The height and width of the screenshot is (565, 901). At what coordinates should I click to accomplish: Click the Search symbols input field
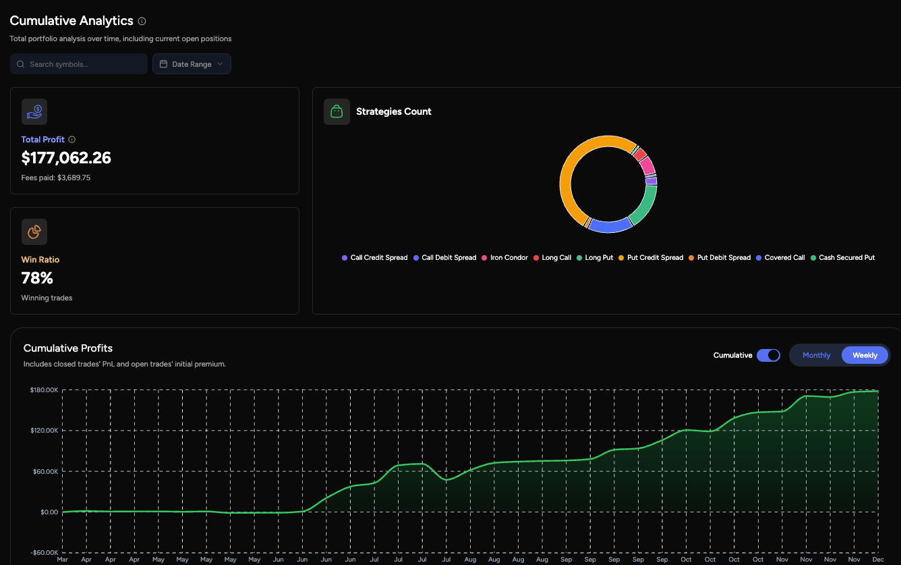79,64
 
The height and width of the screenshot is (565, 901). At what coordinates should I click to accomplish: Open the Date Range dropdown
192,64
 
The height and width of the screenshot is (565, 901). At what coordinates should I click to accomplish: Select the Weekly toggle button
865,355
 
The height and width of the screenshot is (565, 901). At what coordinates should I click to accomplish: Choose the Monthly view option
816,355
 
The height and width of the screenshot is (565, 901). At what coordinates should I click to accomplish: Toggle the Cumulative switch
768,355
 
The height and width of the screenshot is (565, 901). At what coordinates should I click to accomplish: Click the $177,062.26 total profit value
66,158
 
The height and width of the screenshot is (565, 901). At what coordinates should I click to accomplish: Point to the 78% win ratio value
37,278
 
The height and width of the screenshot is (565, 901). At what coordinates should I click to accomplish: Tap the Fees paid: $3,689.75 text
56,178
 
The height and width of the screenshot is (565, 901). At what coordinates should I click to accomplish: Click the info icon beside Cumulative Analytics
142,21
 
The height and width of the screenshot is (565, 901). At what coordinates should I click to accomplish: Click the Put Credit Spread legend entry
655,258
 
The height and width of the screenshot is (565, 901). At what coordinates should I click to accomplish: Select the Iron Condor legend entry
509,258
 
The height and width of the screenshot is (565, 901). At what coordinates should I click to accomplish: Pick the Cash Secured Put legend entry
846,258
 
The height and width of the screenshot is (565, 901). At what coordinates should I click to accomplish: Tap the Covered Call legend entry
784,258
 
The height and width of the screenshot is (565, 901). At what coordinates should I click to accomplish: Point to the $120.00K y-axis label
44,431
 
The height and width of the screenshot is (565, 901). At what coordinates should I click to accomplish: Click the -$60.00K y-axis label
44,553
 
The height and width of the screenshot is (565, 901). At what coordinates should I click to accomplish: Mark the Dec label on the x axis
878,560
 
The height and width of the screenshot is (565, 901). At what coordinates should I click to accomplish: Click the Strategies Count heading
394,111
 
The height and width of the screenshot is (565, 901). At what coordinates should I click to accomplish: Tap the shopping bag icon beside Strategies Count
337,111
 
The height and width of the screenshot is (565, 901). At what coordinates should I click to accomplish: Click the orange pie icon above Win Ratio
34,232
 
